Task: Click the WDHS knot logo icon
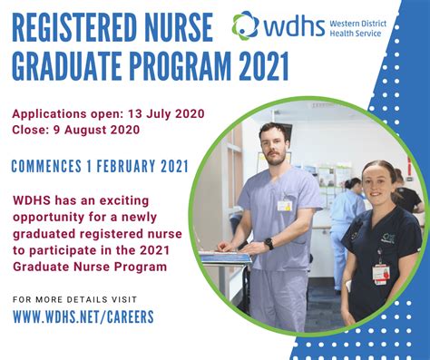[246, 25]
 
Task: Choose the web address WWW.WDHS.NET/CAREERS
[83, 316]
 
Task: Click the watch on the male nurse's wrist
[269, 243]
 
